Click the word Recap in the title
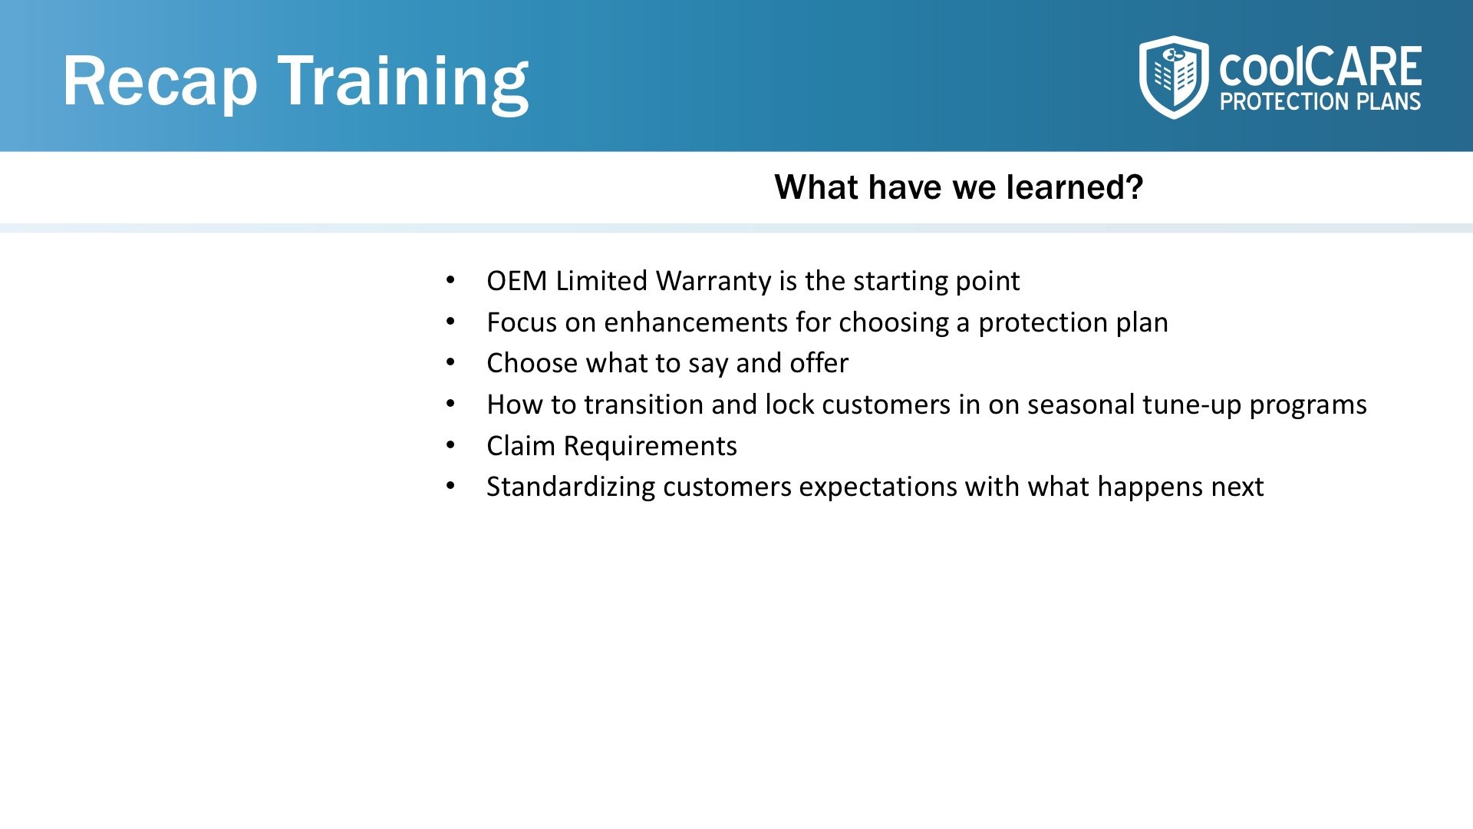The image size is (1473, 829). tap(160, 83)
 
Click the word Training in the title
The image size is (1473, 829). tap(404, 83)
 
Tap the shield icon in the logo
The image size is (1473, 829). tap(1174, 77)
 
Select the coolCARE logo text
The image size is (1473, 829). tap(1320, 67)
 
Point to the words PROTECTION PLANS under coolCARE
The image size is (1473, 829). tap(1320, 101)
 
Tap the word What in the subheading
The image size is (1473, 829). tap(816, 187)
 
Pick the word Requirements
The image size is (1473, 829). tap(651, 447)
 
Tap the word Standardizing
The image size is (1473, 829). tap(571, 487)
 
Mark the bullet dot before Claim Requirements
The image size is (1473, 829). tap(450, 444)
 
